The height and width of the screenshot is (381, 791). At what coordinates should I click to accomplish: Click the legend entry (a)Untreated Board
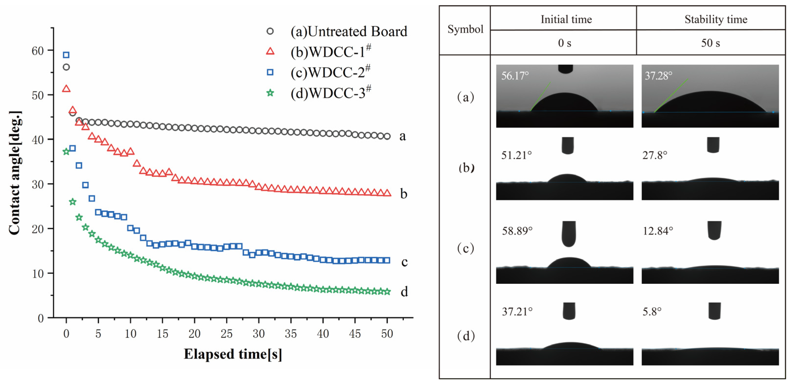349,31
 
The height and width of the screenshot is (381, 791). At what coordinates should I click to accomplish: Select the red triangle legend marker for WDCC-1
270,51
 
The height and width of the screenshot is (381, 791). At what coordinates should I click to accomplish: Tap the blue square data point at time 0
66,55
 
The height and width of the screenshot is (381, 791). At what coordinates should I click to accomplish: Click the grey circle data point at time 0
66,67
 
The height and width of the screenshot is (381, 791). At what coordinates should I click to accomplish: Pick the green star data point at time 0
66,152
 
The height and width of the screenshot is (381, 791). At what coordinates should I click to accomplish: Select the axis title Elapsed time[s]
233,354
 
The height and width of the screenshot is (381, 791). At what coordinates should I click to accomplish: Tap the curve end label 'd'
404,292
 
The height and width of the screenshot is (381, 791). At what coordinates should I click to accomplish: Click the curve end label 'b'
404,194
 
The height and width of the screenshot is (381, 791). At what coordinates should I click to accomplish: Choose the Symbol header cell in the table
465,30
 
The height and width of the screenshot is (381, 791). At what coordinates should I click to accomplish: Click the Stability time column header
715,19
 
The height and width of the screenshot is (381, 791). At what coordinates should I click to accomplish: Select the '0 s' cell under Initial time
564,43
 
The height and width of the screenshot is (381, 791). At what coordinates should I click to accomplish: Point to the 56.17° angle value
515,76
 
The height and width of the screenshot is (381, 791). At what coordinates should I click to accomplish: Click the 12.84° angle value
658,231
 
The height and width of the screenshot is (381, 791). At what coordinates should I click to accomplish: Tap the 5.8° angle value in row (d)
652,312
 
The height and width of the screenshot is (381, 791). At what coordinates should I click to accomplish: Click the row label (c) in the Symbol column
465,248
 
